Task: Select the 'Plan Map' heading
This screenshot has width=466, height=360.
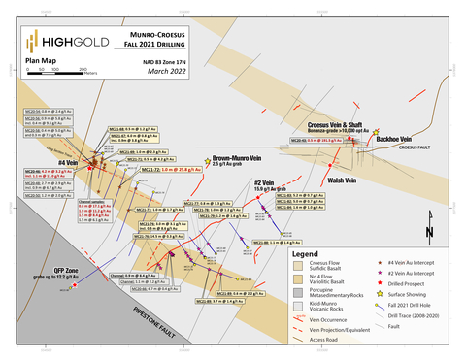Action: pyautogui.click(x=40, y=60)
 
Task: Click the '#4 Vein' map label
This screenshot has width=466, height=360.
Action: pyautogui.click(x=68, y=164)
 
